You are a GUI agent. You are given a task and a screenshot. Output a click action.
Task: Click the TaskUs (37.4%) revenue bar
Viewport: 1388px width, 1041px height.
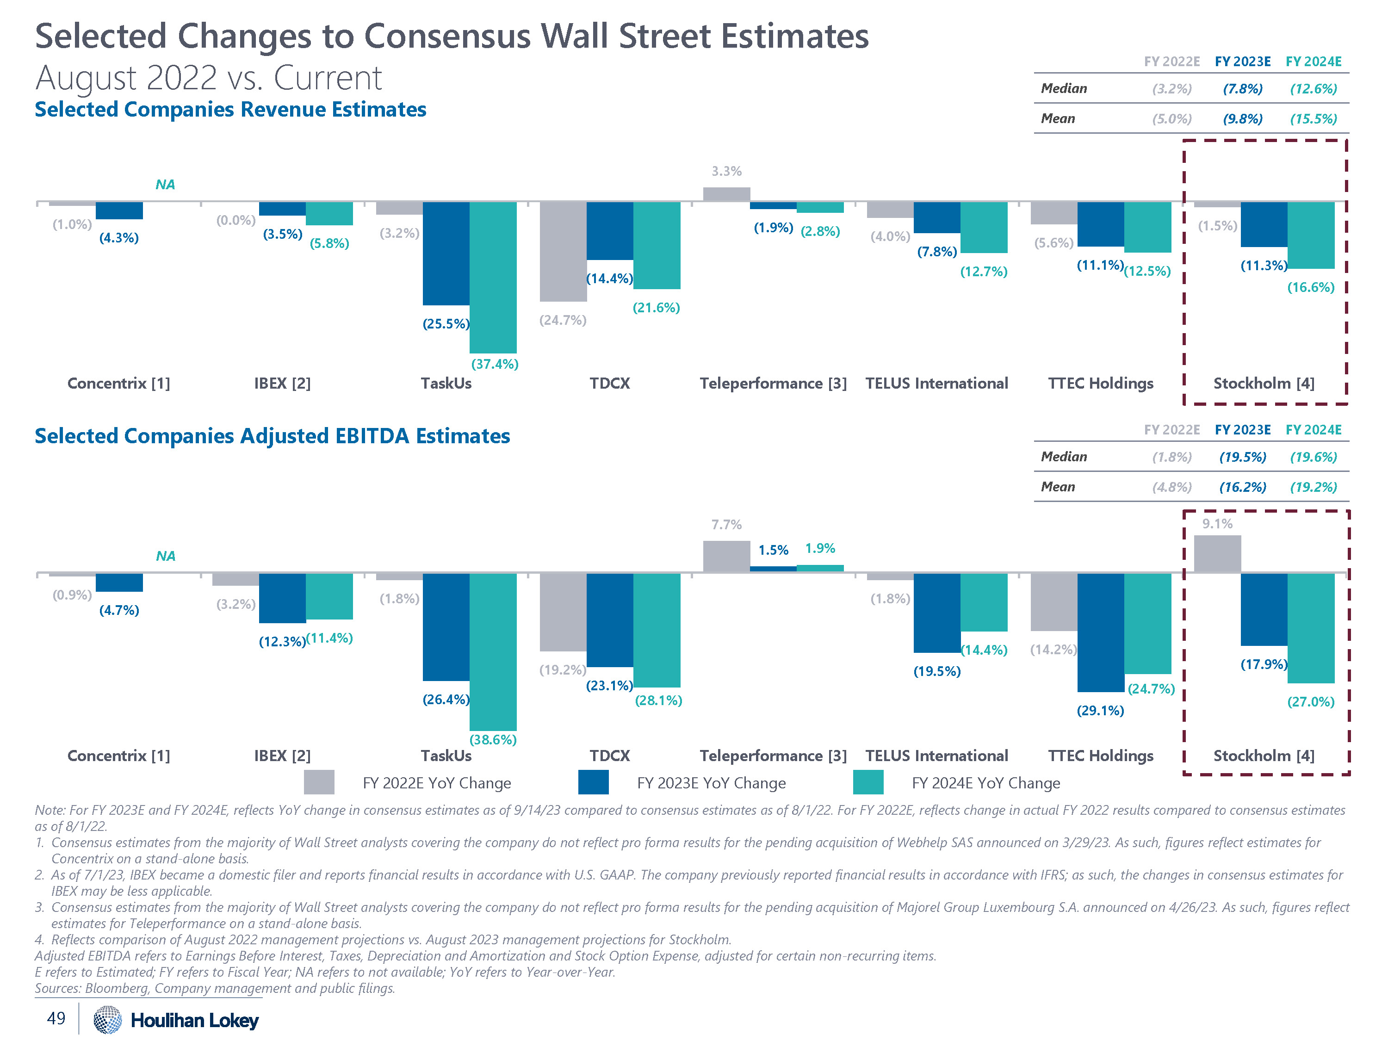click(493, 277)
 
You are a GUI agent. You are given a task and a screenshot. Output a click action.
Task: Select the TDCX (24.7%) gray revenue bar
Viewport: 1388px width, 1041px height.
click(563, 251)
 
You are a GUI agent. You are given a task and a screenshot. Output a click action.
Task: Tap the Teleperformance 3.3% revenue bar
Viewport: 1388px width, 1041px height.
click(726, 194)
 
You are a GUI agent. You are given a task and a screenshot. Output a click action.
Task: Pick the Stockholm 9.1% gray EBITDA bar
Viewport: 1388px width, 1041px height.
click(1217, 554)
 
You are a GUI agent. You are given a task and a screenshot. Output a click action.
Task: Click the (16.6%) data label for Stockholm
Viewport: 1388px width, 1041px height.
click(1310, 287)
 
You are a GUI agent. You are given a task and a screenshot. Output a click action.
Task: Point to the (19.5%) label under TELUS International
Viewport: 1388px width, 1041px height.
click(936, 671)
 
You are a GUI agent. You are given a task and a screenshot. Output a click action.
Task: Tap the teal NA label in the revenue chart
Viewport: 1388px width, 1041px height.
click(165, 185)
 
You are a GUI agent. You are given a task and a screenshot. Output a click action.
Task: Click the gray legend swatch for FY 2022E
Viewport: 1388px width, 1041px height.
click(319, 782)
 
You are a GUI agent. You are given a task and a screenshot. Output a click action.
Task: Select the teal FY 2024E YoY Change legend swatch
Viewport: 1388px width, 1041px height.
click(868, 782)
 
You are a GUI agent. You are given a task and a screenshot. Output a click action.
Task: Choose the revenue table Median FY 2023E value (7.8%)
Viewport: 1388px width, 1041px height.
click(1242, 88)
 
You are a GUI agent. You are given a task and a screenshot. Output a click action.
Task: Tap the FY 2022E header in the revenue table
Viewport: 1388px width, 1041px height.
click(1171, 62)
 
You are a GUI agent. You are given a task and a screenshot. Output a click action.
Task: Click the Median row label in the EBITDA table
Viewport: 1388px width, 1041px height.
click(1064, 457)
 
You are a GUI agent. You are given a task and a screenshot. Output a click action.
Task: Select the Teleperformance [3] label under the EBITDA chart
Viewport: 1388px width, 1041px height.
click(773, 756)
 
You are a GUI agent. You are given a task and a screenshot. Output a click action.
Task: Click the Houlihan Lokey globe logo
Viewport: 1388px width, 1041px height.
click(107, 1020)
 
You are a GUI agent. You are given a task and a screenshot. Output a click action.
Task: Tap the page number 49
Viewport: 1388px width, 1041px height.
click(56, 1018)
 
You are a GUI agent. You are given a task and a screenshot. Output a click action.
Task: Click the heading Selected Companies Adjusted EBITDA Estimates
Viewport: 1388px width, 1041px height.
click(273, 436)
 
